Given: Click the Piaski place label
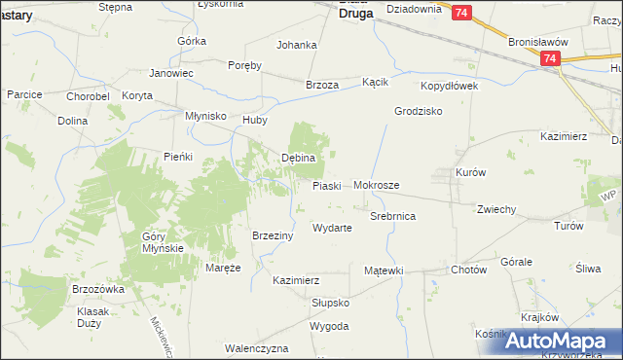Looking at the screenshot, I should point(326,185).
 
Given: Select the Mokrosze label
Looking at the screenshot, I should point(377,184).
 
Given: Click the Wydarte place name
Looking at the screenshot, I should point(331,228).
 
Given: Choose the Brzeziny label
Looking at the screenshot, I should point(273,235).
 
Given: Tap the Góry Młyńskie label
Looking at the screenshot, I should point(164,242).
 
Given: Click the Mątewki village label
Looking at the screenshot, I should point(383,270).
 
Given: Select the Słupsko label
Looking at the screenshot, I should point(330,303).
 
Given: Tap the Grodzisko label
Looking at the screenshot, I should point(419,111).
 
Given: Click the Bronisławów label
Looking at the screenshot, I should point(538,43).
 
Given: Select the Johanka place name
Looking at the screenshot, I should point(297,45).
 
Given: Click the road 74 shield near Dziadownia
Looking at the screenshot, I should point(461,12).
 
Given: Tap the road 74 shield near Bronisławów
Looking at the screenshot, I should point(551,59).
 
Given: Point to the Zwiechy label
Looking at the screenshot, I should point(496,209).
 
